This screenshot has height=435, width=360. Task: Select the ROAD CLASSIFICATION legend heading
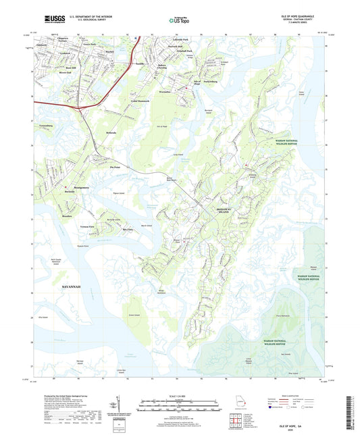click(306, 395)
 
